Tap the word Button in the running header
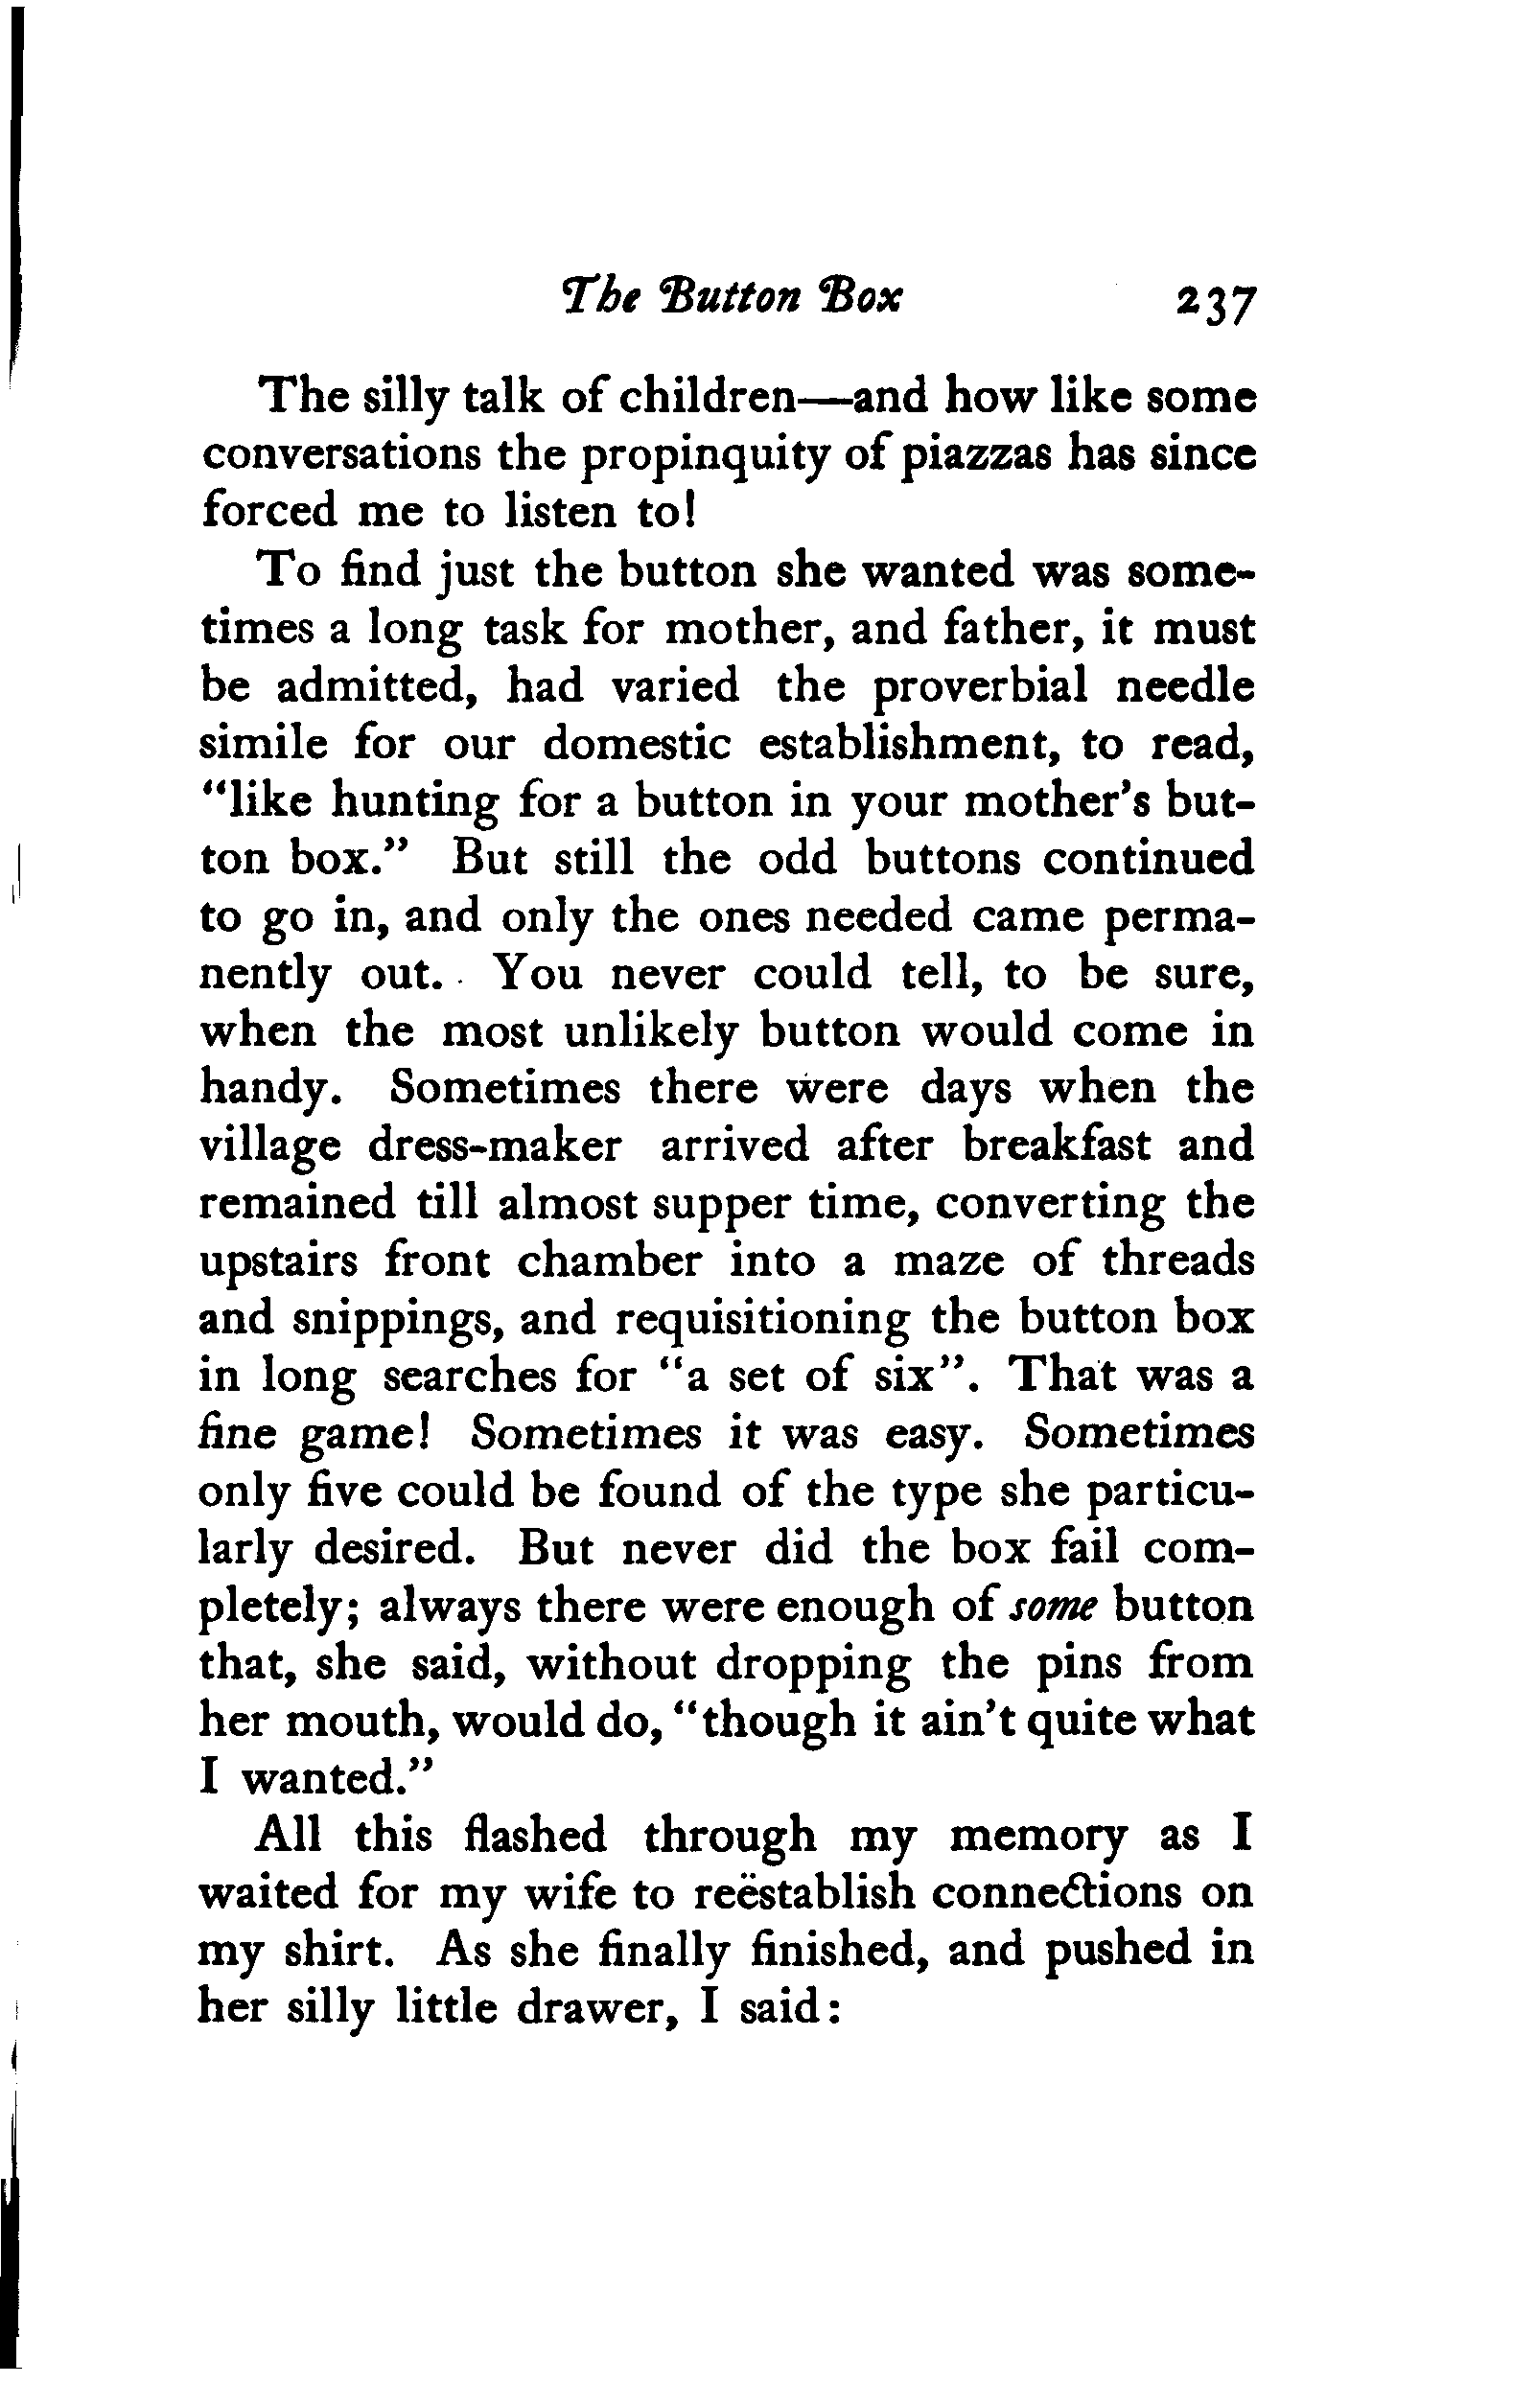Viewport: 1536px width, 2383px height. point(729,296)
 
